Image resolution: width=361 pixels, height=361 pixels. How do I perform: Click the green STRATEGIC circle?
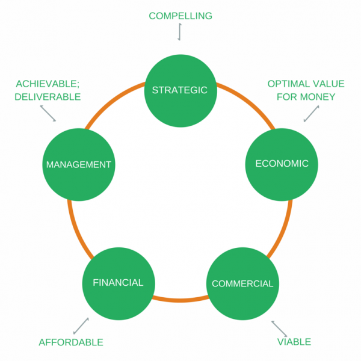(x=180, y=90)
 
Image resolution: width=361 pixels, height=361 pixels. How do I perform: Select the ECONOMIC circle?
(x=282, y=164)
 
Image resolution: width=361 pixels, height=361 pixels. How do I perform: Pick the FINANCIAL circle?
(x=118, y=283)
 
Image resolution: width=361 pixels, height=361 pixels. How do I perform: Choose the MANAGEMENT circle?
(x=79, y=164)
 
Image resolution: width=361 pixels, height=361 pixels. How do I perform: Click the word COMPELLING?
(x=180, y=16)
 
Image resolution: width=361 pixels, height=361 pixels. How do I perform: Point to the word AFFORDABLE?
(x=71, y=342)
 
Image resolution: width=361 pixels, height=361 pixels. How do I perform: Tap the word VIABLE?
(x=294, y=342)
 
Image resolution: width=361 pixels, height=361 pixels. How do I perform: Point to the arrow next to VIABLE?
(x=279, y=328)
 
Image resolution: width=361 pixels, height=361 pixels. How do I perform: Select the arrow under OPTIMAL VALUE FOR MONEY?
(x=311, y=113)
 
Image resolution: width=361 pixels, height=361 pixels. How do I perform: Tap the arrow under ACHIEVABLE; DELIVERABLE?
(x=48, y=113)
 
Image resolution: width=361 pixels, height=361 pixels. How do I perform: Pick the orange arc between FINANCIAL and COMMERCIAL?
(x=180, y=299)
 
